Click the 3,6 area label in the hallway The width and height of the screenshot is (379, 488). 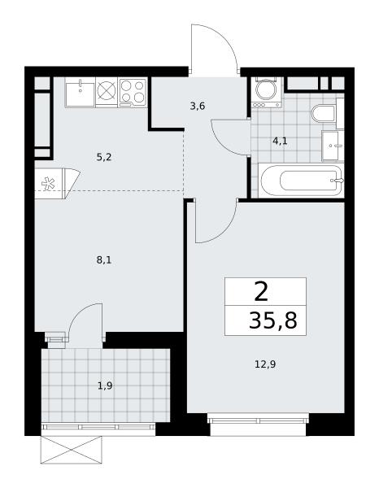pos(198,107)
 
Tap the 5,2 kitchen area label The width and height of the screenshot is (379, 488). pos(104,158)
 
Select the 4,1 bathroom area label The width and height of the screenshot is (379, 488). pos(280,142)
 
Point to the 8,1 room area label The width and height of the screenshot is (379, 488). pos(104,260)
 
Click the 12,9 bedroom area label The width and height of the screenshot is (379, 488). pos(265,364)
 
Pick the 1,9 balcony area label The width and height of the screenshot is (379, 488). pos(105,386)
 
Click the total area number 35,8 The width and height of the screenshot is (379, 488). pos(273,321)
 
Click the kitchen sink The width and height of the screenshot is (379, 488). pos(80,93)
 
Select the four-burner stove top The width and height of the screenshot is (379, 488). pos(133,92)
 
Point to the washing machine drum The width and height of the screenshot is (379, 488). pos(267,89)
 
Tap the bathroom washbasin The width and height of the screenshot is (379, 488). pos(333,146)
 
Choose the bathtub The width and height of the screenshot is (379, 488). pos(301,181)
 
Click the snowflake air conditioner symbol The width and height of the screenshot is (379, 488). pos(48,184)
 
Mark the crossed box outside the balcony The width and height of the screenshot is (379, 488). pos(72,450)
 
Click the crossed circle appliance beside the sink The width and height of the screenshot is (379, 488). pos(107,90)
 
